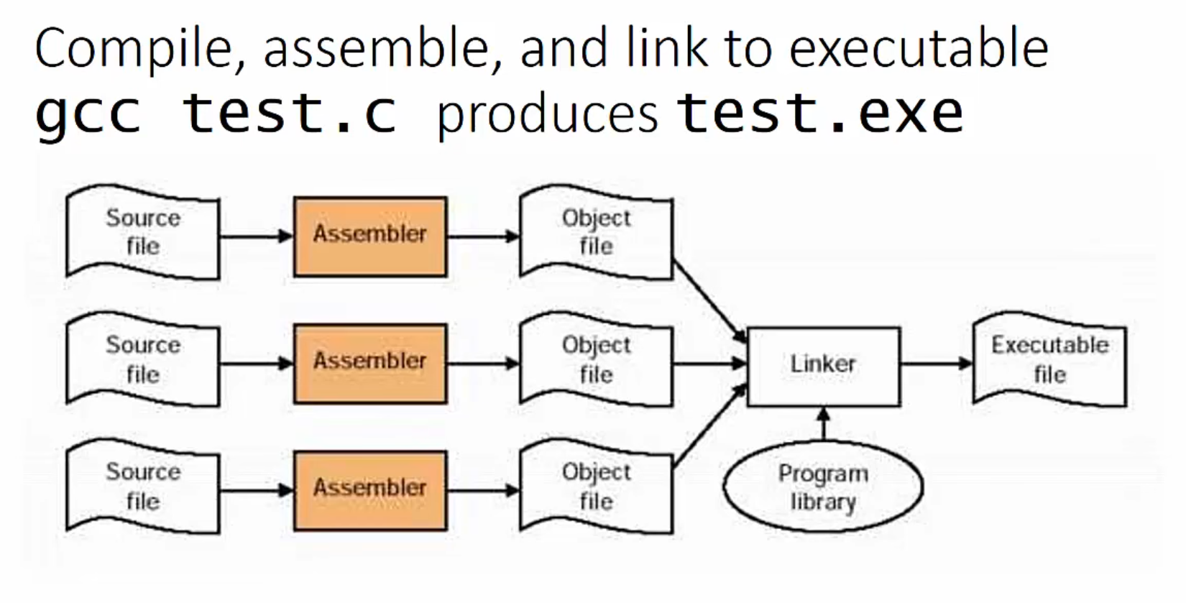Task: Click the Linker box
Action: [823, 366]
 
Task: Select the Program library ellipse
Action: [823, 487]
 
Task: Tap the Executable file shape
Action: [1049, 360]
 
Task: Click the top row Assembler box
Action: [370, 236]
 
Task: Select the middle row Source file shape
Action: [142, 360]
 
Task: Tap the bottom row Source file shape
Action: [142, 487]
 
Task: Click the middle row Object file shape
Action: [596, 360]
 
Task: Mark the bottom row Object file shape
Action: [596, 487]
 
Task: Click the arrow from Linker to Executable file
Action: [935, 364]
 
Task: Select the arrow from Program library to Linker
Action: [824, 424]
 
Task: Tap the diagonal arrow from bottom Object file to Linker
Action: [709, 427]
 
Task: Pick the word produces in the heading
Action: [547, 115]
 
